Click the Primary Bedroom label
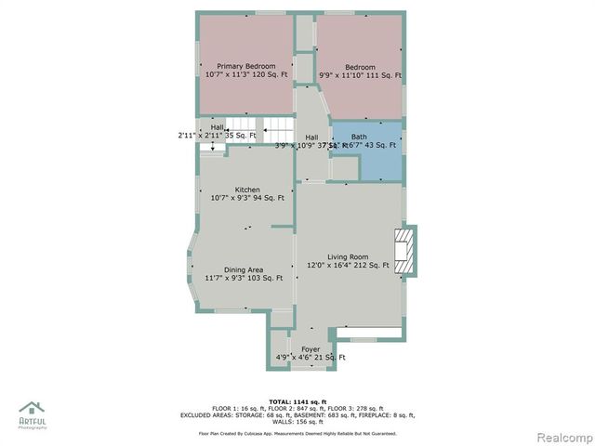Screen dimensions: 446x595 pos(246,67)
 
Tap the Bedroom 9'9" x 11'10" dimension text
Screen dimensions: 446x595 pos(360,76)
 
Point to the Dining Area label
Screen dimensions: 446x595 pos(243,269)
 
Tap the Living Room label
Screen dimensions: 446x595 pos(347,257)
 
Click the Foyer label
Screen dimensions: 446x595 pos(310,349)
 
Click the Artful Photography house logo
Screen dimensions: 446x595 pos(33,410)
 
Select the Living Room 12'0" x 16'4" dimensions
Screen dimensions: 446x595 pos(348,266)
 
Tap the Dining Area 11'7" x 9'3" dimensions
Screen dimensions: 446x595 pos(244,278)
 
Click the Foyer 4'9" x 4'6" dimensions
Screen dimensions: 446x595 pos(311,358)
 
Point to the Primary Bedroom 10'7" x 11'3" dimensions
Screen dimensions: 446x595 pos(246,75)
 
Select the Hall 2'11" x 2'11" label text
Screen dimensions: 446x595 pos(217,136)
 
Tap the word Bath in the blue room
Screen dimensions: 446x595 pos(359,137)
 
